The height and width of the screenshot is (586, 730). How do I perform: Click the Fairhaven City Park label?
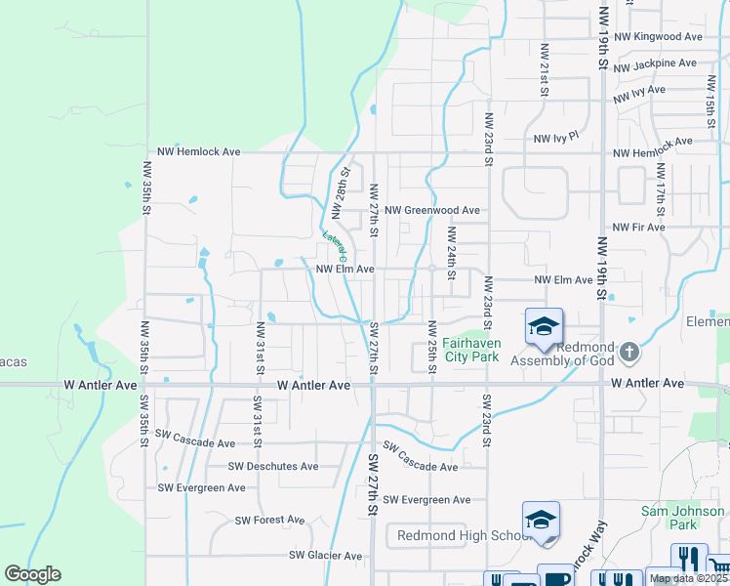coord(471,350)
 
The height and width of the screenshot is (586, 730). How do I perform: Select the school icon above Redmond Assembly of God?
coord(544,327)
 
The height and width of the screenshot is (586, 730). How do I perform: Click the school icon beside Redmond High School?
coord(540,521)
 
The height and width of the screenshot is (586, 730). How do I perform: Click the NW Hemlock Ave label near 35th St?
coord(191,152)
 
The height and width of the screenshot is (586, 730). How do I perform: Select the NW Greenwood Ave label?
coord(431,210)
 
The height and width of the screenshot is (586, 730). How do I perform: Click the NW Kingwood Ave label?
coord(668,37)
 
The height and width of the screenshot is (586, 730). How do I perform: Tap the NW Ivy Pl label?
coord(556,139)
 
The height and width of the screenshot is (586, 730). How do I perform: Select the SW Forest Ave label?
coord(269,521)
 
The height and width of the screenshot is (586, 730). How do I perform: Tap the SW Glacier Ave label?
coord(326,556)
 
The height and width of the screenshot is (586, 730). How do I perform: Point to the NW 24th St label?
coord(451,253)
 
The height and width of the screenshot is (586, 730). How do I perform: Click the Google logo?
coord(32,573)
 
